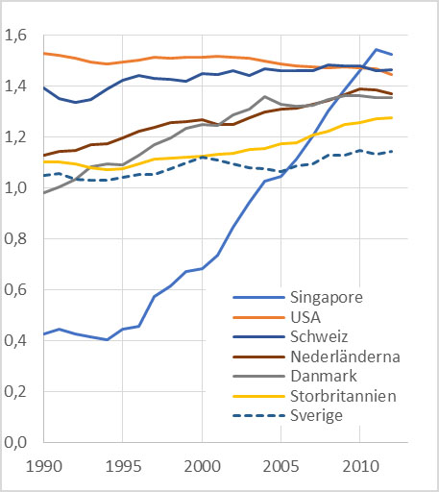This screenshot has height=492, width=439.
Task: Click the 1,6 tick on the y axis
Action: click(18, 36)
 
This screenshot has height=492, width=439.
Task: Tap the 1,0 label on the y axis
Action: click(18, 188)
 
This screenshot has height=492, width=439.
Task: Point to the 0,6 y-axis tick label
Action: click(18, 290)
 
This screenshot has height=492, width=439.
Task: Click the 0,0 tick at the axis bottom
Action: click(18, 443)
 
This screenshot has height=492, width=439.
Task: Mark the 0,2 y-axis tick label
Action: click(18, 392)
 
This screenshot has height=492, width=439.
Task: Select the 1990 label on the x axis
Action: click(44, 466)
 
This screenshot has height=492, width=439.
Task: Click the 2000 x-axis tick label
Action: click(202, 466)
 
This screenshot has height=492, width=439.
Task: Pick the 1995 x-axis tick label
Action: click(123, 466)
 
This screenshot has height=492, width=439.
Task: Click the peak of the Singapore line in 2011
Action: click(377, 49)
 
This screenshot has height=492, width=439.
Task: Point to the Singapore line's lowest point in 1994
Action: click(107, 339)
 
